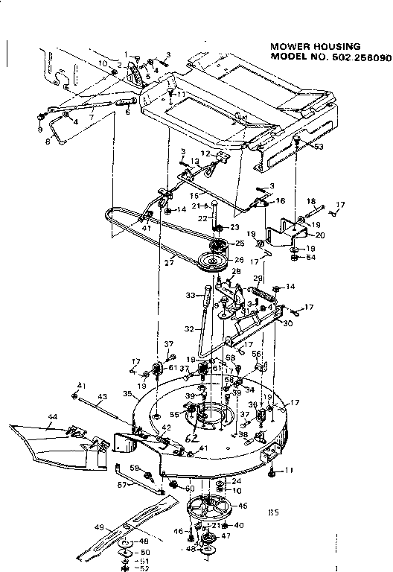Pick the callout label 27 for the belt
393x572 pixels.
point(169,262)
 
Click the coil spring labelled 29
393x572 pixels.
point(264,293)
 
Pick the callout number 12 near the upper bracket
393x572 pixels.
point(206,153)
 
